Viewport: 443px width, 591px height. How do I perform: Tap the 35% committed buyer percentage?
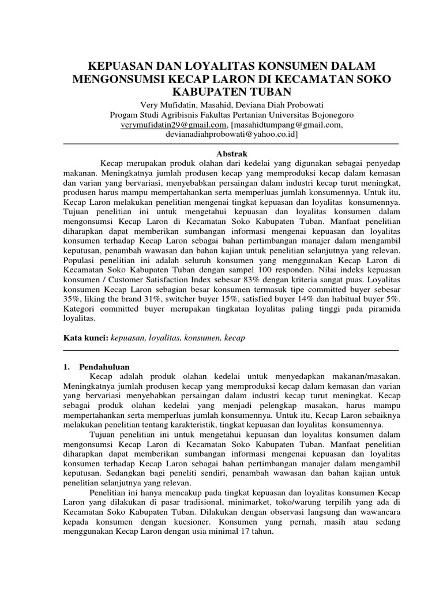tap(71, 301)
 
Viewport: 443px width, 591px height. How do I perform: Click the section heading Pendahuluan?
tap(104, 366)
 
